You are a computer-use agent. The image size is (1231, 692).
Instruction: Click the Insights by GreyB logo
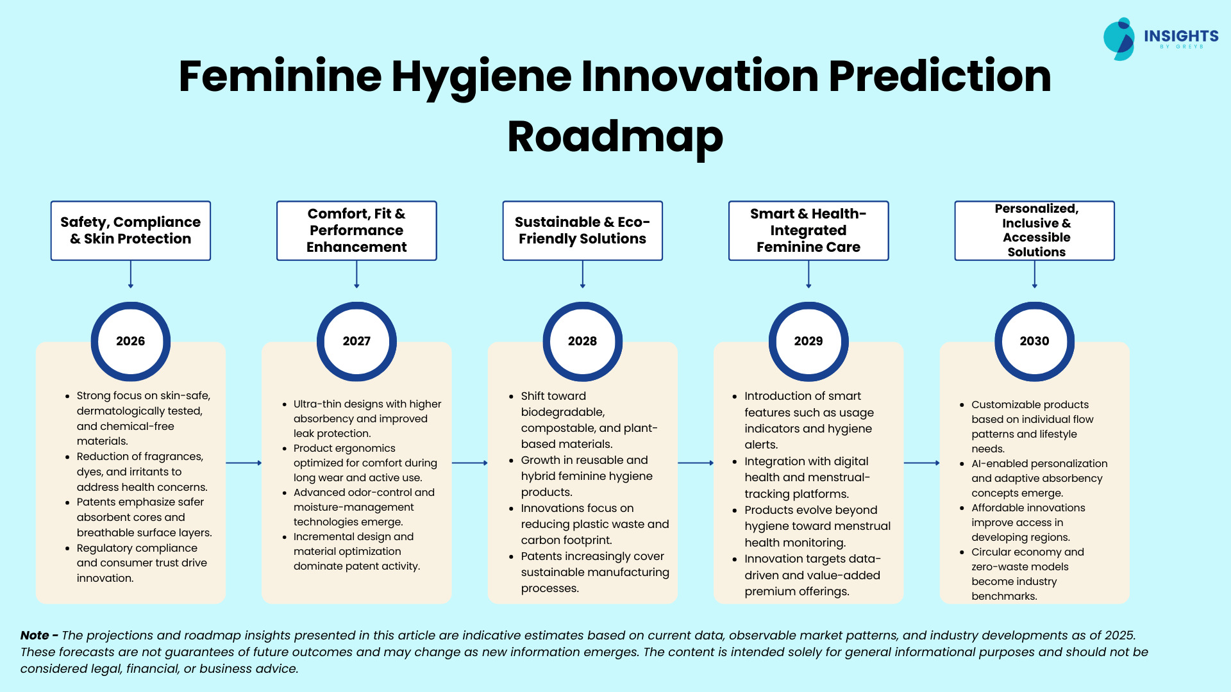(1161, 38)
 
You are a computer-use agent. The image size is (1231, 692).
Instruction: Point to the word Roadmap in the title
(615, 136)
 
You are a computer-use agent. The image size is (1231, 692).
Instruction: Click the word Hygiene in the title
(482, 77)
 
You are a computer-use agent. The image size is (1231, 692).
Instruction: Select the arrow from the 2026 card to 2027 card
(244, 463)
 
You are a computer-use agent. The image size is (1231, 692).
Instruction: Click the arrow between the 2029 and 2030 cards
(922, 463)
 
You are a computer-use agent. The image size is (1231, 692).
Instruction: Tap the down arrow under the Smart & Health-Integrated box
(808, 274)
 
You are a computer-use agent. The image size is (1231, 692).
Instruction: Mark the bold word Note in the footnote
(35, 635)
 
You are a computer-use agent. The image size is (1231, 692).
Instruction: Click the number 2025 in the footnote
(1120, 635)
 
